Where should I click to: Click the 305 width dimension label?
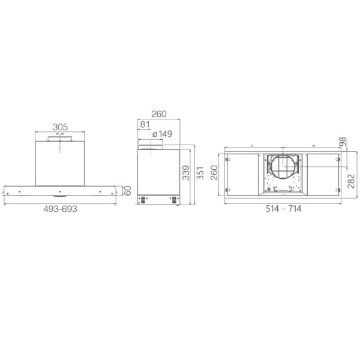(x=59, y=127)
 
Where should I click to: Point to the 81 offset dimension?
(x=144, y=125)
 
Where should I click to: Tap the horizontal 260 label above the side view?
(x=158, y=114)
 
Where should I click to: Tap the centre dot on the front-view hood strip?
(x=60, y=192)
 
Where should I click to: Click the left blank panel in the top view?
(x=243, y=174)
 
